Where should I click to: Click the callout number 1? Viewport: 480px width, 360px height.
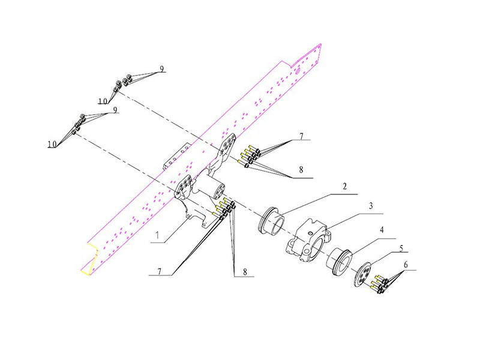tap(157, 235)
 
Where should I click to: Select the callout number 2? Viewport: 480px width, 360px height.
tap(344, 187)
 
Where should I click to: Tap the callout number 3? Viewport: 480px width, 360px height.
tap(371, 206)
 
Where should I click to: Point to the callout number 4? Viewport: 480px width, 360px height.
tap(382, 230)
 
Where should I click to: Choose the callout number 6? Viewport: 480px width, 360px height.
tap(406, 265)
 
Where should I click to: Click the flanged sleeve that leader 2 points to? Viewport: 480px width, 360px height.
tap(272, 221)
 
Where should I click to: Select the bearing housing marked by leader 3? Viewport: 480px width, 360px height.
tap(308, 241)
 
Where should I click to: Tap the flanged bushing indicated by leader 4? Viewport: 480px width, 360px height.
tap(339, 261)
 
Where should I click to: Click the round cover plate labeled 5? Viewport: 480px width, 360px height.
tap(362, 274)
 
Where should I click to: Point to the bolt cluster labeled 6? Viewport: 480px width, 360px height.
tap(379, 284)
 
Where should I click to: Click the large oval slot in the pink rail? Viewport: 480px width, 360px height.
tap(296, 71)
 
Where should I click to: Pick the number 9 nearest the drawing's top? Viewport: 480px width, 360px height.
tap(161, 68)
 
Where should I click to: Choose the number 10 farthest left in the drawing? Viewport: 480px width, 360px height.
tap(52, 144)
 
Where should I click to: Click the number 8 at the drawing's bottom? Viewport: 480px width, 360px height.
tap(245, 272)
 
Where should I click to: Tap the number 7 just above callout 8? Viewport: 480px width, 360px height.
tap(302, 136)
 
